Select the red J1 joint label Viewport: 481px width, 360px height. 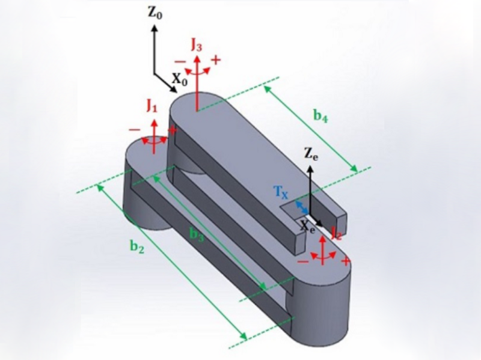pos(152,108)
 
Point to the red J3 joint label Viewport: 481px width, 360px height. pos(197,43)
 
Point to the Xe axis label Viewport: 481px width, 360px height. pos(308,227)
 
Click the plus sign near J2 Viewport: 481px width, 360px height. pos(345,261)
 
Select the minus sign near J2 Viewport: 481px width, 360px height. pos(304,261)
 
